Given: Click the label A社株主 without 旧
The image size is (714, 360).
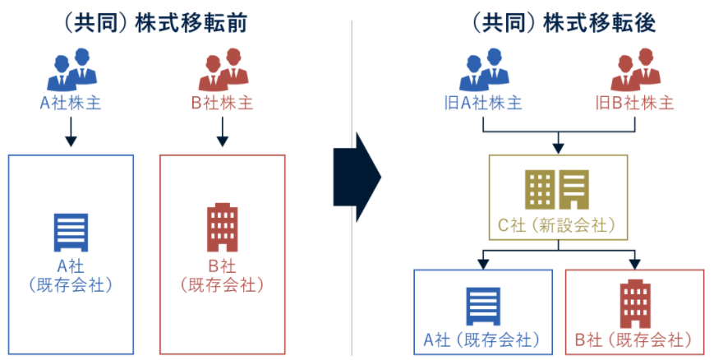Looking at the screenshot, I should [x=71, y=104].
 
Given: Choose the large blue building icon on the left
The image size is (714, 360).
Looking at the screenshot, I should [x=71, y=232].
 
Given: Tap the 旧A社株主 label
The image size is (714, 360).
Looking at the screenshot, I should [x=483, y=104].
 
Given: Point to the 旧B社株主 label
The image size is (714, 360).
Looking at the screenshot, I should [x=635, y=104].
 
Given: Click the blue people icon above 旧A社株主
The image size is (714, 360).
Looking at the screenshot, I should [x=483, y=71].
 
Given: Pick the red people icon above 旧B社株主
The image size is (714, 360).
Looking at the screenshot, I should [x=635, y=71].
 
